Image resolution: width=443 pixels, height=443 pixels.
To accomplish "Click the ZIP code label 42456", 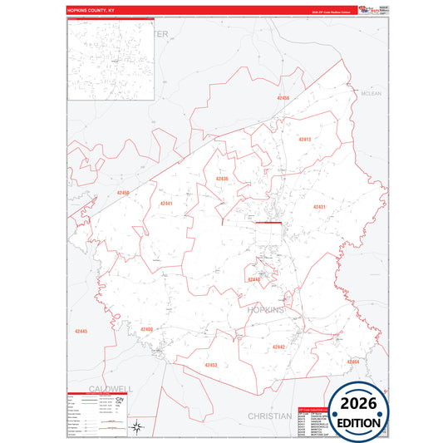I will [x=283, y=98].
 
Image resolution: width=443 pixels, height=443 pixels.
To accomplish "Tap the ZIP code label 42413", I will [x=304, y=140].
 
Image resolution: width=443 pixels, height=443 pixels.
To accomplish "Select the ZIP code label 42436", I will [x=221, y=179].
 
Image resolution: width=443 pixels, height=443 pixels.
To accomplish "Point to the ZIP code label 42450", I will [x=123, y=193].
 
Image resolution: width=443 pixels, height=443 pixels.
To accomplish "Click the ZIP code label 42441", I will [x=166, y=203].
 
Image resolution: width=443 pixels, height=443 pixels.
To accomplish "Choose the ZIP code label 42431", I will [x=319, y=206].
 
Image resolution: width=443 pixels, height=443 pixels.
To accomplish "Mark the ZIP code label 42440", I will [x=253, y=280].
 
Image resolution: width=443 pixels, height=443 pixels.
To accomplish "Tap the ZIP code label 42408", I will [x=146, y=329].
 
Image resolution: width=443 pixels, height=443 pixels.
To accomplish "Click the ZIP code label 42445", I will [x=80, y=332].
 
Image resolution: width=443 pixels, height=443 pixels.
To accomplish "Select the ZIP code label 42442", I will [x=278, y=347].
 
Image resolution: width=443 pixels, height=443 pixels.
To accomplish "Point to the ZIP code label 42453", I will [x=210, y=365].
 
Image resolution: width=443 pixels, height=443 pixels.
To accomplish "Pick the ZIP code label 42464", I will [x=353, y=362].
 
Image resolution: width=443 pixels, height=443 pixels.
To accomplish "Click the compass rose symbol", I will [x=136, y=428].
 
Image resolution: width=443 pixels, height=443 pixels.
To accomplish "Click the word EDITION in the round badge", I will [x=359, y=423].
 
